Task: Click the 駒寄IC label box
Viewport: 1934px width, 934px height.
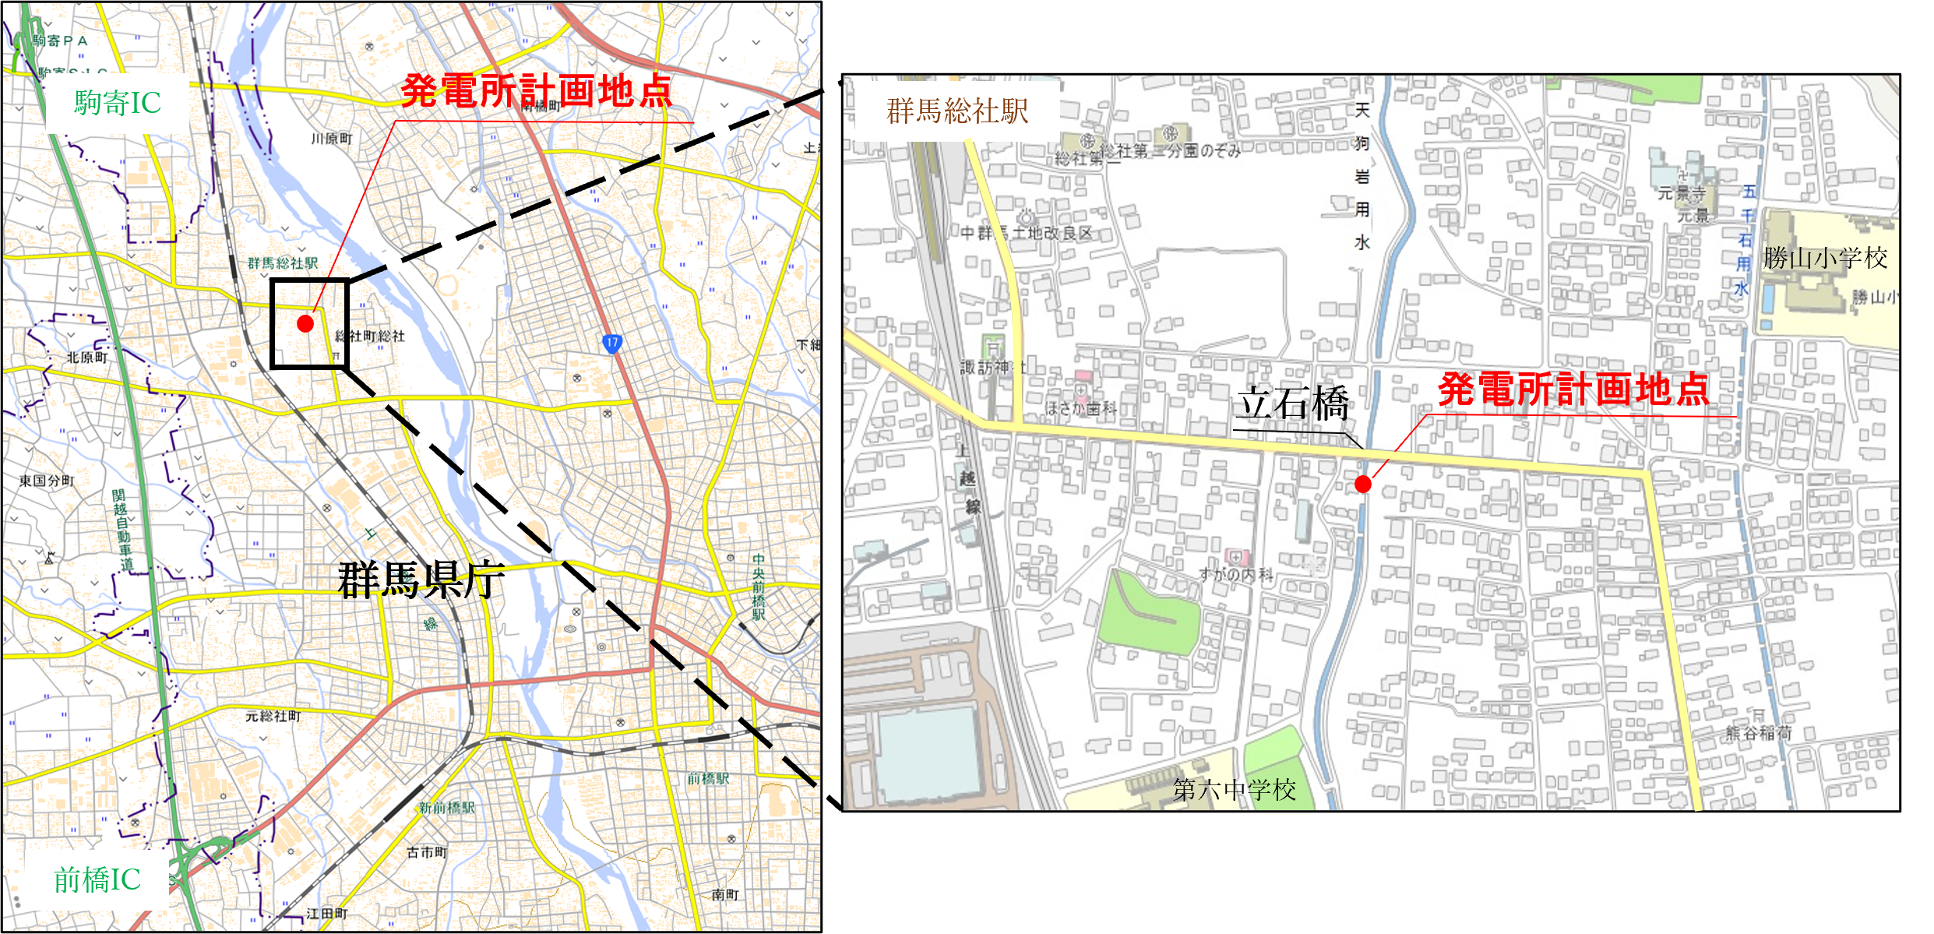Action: click(x=118, y=103)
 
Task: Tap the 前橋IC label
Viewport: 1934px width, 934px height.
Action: click(x=97, y=880)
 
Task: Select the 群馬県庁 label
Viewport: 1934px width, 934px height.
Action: click(x=421, y=580)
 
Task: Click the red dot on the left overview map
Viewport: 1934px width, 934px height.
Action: click(x=305, y=323)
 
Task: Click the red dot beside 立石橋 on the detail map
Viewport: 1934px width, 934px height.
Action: click(x=1363, y=484)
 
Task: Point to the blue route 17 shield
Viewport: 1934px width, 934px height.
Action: click(x=612, y=343)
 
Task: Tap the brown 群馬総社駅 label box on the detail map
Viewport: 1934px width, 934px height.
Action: click(x=957, y=111)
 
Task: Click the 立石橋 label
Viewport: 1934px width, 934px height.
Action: click(x=1294, y=404)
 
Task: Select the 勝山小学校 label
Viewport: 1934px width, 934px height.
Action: click(x=1825, y=258)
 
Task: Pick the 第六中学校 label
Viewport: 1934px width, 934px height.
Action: click(x=1235, y=790)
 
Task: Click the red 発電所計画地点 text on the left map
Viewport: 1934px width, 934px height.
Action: click(x=536, y=91)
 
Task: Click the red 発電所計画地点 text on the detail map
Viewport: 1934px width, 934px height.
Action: click(x=1573, y=389)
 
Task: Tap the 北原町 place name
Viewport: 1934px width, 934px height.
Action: click(x=86, y=358)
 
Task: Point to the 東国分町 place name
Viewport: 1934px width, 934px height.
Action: click(x=47, y=481)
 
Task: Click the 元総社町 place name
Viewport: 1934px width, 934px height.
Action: click(x=273, y=716)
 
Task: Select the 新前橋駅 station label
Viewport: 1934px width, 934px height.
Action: click(x=446, y=808)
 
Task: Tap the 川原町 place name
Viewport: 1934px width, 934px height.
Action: click(x=331, y=139)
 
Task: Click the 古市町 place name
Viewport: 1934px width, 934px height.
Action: click(x=427, y=853)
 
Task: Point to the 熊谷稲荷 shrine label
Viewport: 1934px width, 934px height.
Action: click(x=1759, y=733)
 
